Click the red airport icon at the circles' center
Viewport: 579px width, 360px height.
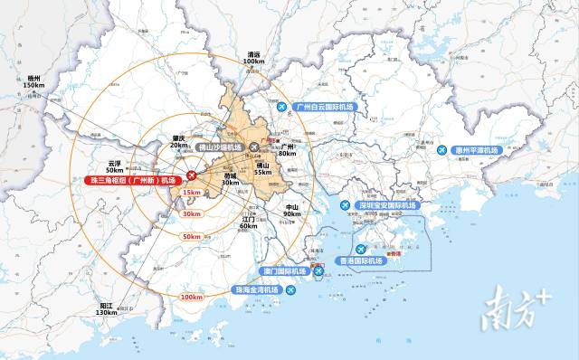tap(191, 175)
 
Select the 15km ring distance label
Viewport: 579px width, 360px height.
tap(191, 193)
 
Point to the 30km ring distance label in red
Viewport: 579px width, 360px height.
tap(191, 213)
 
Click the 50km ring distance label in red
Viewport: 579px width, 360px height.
tap(191, 237)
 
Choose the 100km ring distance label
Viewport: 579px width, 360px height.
tap(191, 297)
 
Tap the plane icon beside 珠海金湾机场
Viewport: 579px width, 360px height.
tap(290, 290)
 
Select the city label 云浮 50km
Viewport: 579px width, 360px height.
tap(115, 166)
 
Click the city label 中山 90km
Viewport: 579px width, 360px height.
tap(290, 211)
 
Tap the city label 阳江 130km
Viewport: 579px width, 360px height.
tap(106, 309)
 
